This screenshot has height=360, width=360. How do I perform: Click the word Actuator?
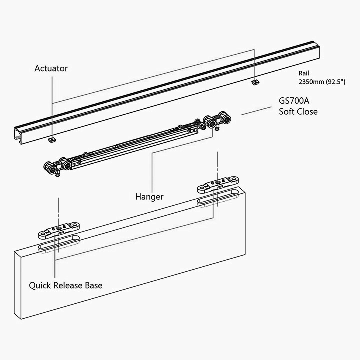51,68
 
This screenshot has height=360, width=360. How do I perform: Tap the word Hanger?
149,197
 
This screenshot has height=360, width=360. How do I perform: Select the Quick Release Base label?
66,285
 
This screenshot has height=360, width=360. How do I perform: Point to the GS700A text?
294,101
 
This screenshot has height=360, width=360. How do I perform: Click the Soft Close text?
298,112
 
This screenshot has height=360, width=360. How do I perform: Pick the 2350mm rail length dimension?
322,82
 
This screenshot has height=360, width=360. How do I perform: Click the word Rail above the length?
304,73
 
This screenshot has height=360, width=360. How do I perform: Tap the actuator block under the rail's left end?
52,140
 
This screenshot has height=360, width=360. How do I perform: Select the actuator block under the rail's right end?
256,82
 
